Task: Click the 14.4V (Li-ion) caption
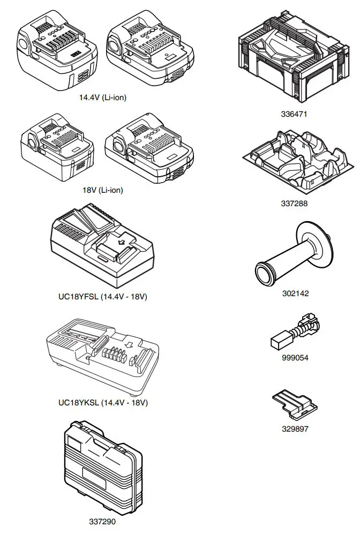[103, 97]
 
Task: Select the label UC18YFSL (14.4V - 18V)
[103, 297]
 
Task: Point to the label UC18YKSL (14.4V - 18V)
[103, 402]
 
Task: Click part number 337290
[102, 521]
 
